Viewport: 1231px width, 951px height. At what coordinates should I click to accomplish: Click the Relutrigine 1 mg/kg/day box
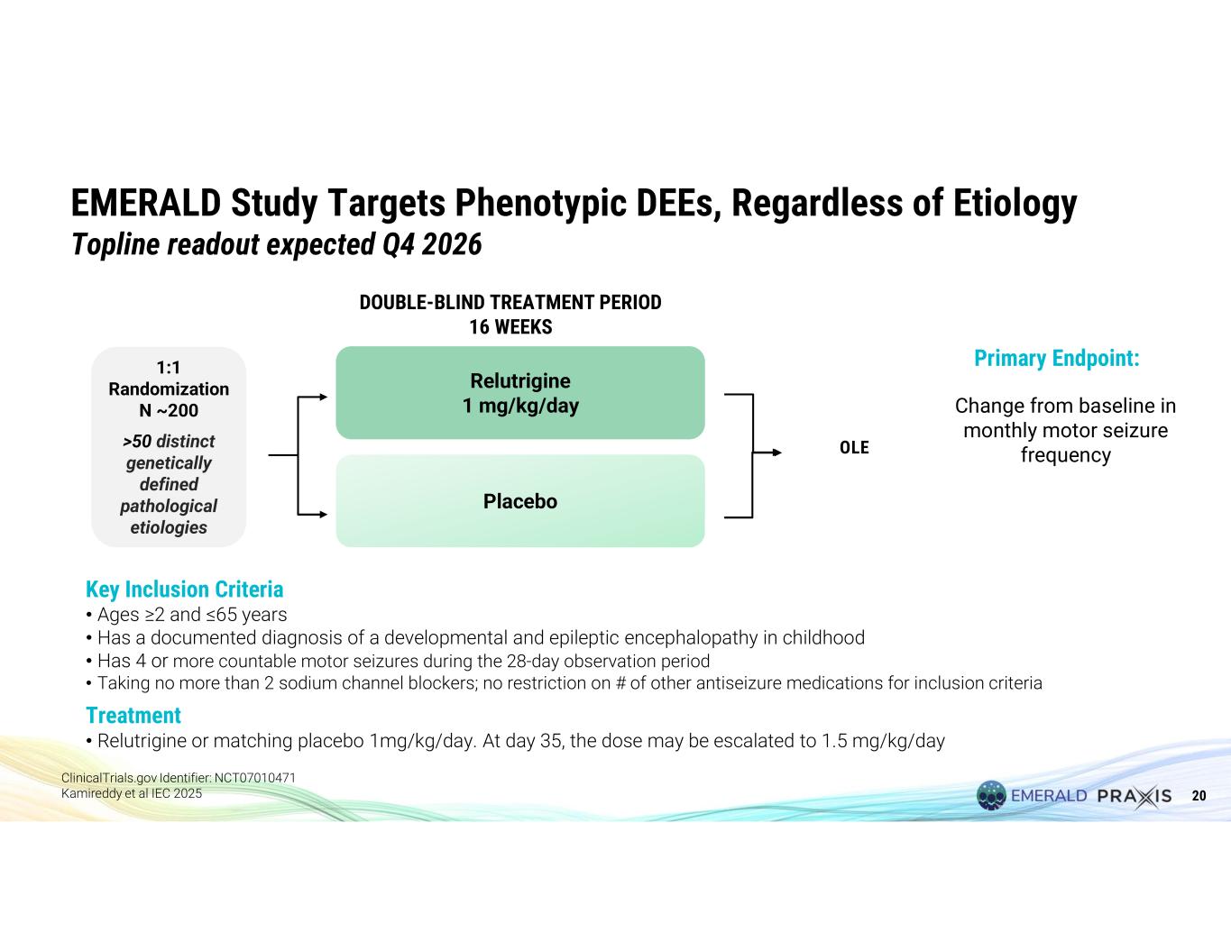[x=520, y=393]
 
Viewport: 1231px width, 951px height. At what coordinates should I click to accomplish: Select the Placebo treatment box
[x=520, y=501]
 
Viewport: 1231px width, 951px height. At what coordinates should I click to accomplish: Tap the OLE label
[x=854, y=447]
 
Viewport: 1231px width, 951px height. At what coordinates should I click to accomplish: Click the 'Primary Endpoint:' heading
[x=1057, y=359]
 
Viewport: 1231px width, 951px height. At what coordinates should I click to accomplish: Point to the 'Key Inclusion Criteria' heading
[x=184, y=590]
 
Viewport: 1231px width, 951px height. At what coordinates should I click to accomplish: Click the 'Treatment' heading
[x=133, y=715]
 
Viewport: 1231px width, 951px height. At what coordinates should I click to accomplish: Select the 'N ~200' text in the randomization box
[x=169, y=410]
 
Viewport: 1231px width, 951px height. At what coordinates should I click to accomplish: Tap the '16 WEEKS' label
[x=510, y=326]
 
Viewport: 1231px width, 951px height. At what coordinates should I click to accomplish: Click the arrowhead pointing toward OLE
[x=777, y=453]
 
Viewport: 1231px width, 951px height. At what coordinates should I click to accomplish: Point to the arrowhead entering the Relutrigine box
[x=324, y=397]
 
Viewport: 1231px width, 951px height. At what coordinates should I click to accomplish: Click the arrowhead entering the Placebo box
[x=324, y=515]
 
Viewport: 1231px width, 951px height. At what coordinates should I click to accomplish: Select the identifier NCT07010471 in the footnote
[x=255, y=778]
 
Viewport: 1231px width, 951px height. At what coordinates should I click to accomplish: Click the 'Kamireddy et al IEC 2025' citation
[x=132, y=793]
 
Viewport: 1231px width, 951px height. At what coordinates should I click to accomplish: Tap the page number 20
[x=1199, y=795]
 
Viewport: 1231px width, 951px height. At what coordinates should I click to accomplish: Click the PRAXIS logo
[x=1135, y=796]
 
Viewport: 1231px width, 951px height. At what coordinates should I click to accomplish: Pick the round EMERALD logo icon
[x=991, y=795]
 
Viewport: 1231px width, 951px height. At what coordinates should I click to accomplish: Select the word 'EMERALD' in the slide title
[x=145, y=203]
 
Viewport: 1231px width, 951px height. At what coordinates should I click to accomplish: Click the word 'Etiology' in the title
[x=1015, y=204]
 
